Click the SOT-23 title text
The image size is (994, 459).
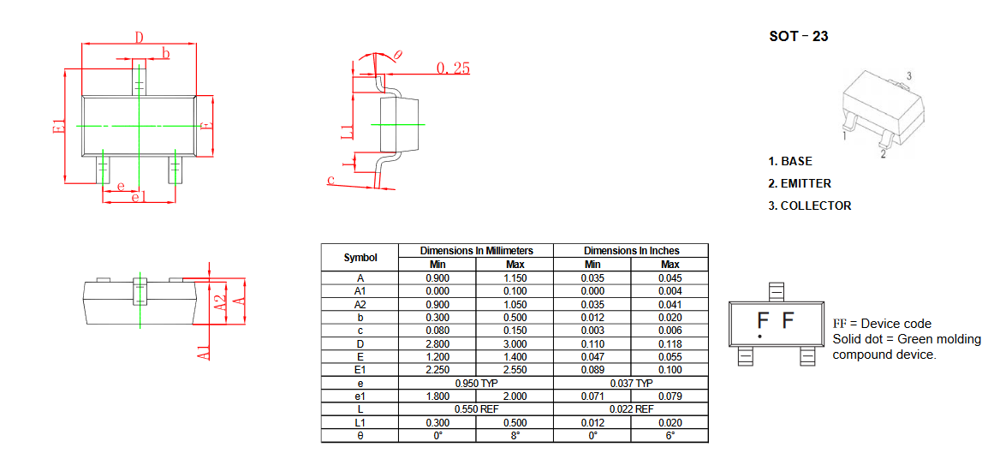[798, 36]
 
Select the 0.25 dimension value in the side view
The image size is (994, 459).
[453, 68]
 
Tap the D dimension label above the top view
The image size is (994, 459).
[139, 37]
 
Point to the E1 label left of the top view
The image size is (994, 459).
[59, 126]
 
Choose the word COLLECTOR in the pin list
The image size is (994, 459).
[816, 206]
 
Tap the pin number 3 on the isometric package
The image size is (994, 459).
[908, 76]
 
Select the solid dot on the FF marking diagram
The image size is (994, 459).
[759, 336]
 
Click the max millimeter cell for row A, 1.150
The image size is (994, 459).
[515, 277]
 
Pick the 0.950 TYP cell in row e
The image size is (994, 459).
[476, 384]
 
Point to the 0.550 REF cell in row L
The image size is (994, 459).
[476, 409]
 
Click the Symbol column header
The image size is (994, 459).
[360, 258]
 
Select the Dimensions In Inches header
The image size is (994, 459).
[631, 251]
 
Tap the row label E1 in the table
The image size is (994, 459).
[360, 370]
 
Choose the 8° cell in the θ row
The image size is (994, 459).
[515, 436]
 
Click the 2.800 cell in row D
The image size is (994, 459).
[437, 343]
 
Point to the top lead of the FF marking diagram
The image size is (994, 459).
[776, 292]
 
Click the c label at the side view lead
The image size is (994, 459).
[330, 180]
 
